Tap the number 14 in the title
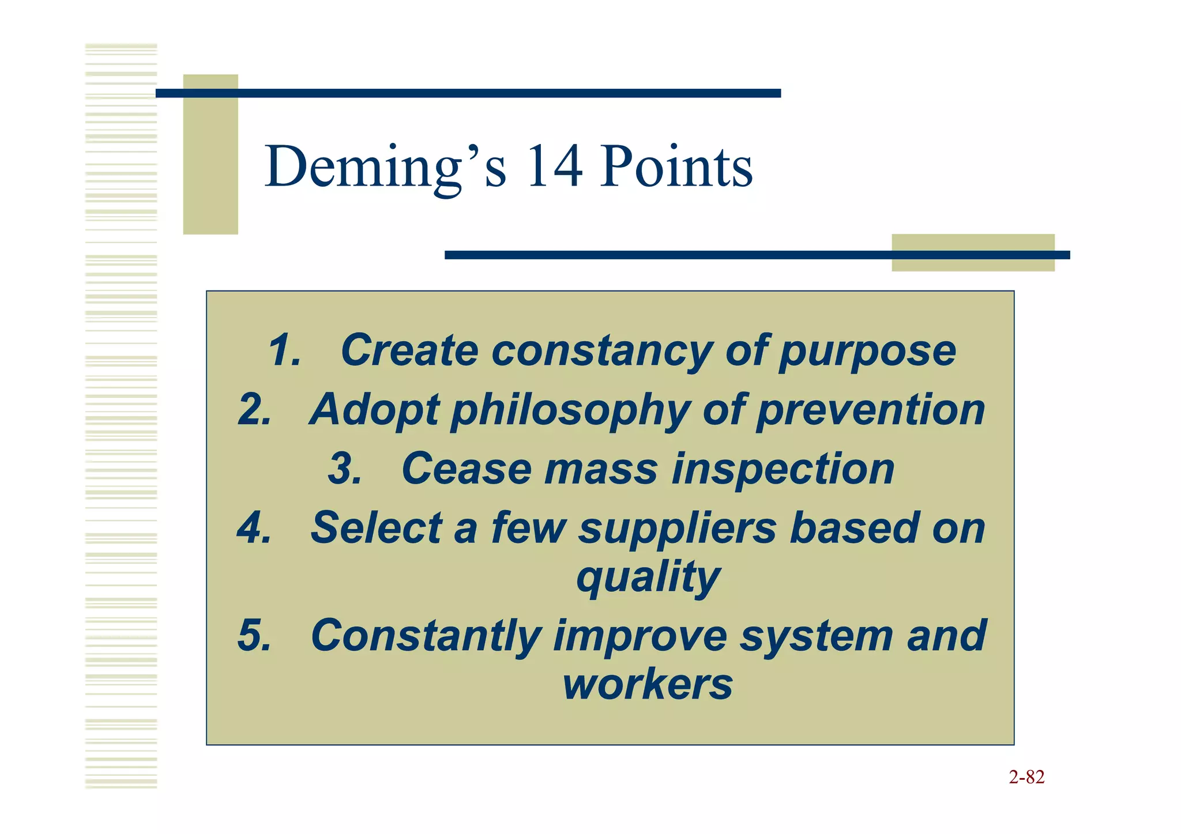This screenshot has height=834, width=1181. (x=554, y=167)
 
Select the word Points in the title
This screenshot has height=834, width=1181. (x=676, y=167)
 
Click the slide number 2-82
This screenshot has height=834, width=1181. (x=1026, y=778)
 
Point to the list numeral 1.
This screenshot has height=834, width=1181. (x=284, y=350)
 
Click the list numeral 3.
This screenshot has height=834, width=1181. (x=344, y=469)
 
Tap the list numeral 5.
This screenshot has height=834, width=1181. (x=254, y=636)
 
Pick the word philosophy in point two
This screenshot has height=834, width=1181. (x=570, y=410)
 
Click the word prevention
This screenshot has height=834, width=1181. (x=871, y=410)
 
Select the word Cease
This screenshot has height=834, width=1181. (x=466, y=469)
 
